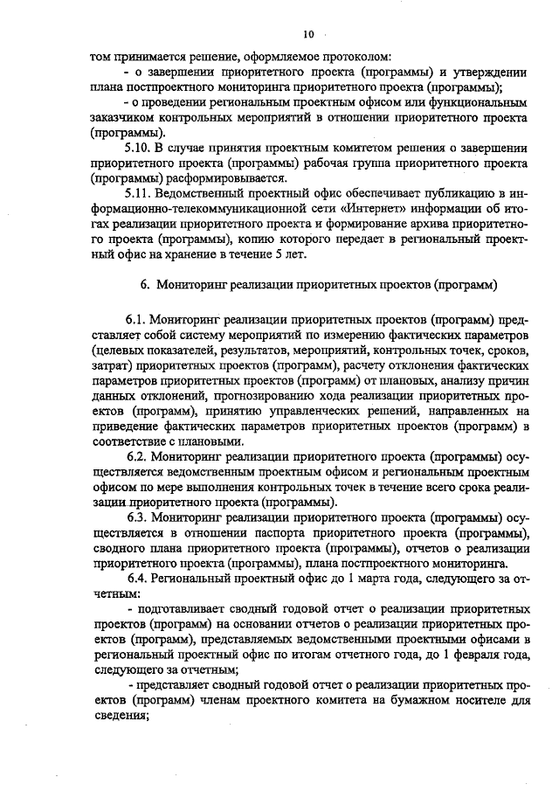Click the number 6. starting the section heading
145,284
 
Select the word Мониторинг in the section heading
190,284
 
